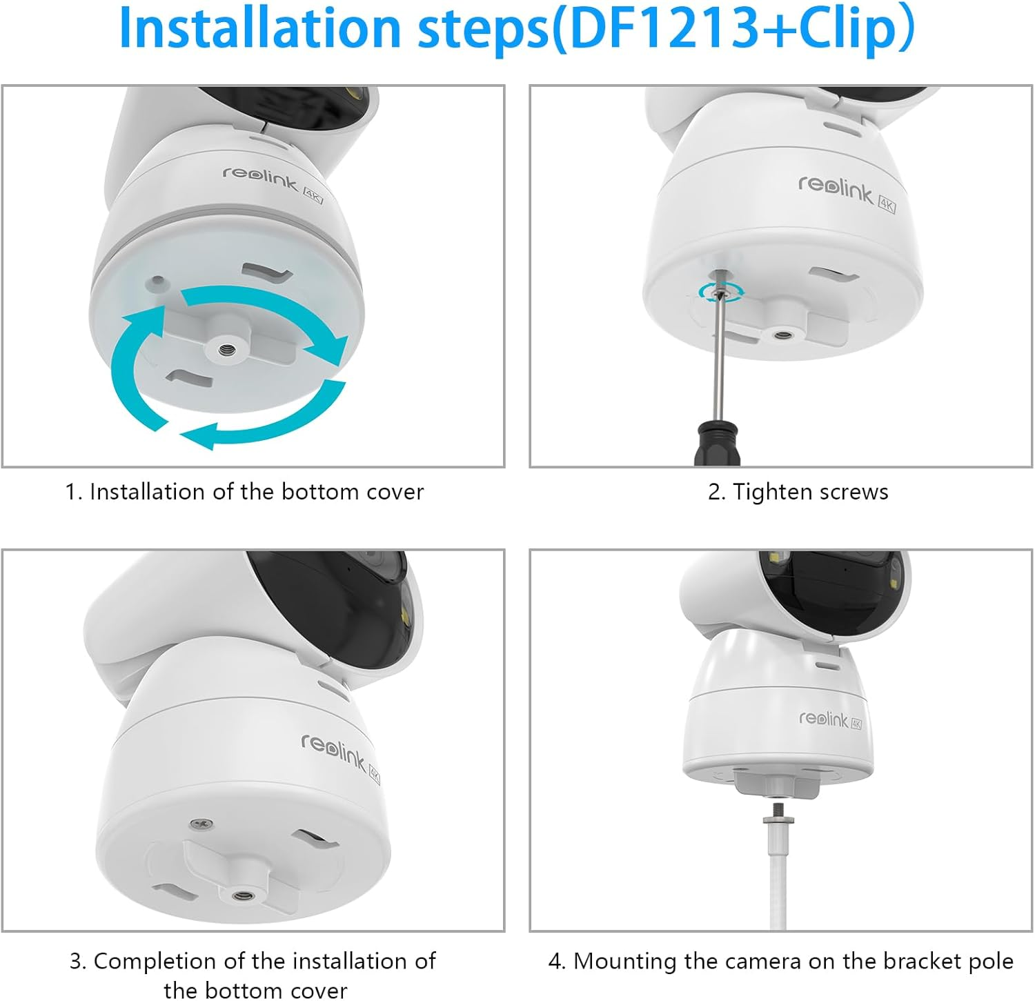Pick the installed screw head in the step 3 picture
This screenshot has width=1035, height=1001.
click(199, 824)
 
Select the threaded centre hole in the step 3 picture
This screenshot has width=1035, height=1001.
click(242, 896)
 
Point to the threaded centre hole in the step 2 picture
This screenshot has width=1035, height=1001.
click(782, 335)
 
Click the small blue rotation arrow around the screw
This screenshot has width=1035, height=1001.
click(720, 292)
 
